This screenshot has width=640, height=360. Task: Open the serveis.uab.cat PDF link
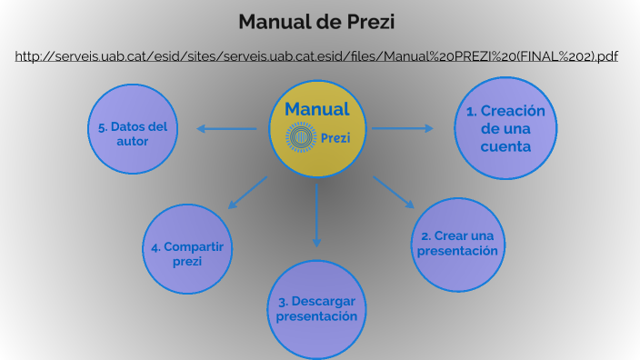pyautogui.click(x=316, y=56)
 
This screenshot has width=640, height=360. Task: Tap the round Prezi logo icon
pyautogui.click(x=300, y=138)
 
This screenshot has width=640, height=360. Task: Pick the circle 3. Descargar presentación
pyautogui.click(x=316, y=309)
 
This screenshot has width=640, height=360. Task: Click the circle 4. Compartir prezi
pyautogui.click(x=187, y=248)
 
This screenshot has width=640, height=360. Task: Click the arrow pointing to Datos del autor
pyautogui.click(x=227, y=128)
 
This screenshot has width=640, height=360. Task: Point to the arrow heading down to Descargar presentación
pyautogui.click(x=316, y=214)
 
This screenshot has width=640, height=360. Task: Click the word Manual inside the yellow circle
pyautogui.click(x=316, y=109)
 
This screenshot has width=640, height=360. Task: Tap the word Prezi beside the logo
pyautogui.click(x=335, y=138)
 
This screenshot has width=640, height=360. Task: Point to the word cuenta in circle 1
pyautogui.click(x=505, y=145)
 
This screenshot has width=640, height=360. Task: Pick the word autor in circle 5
pyautogui.click(x=133, y=142)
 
